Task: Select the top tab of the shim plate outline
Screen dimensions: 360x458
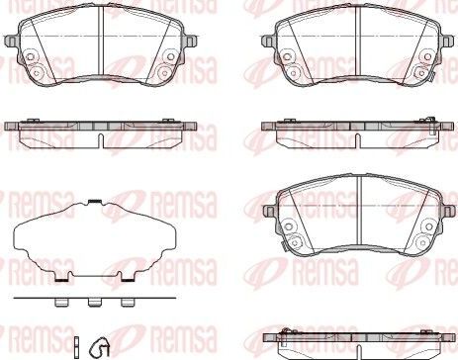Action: [91, 203]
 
